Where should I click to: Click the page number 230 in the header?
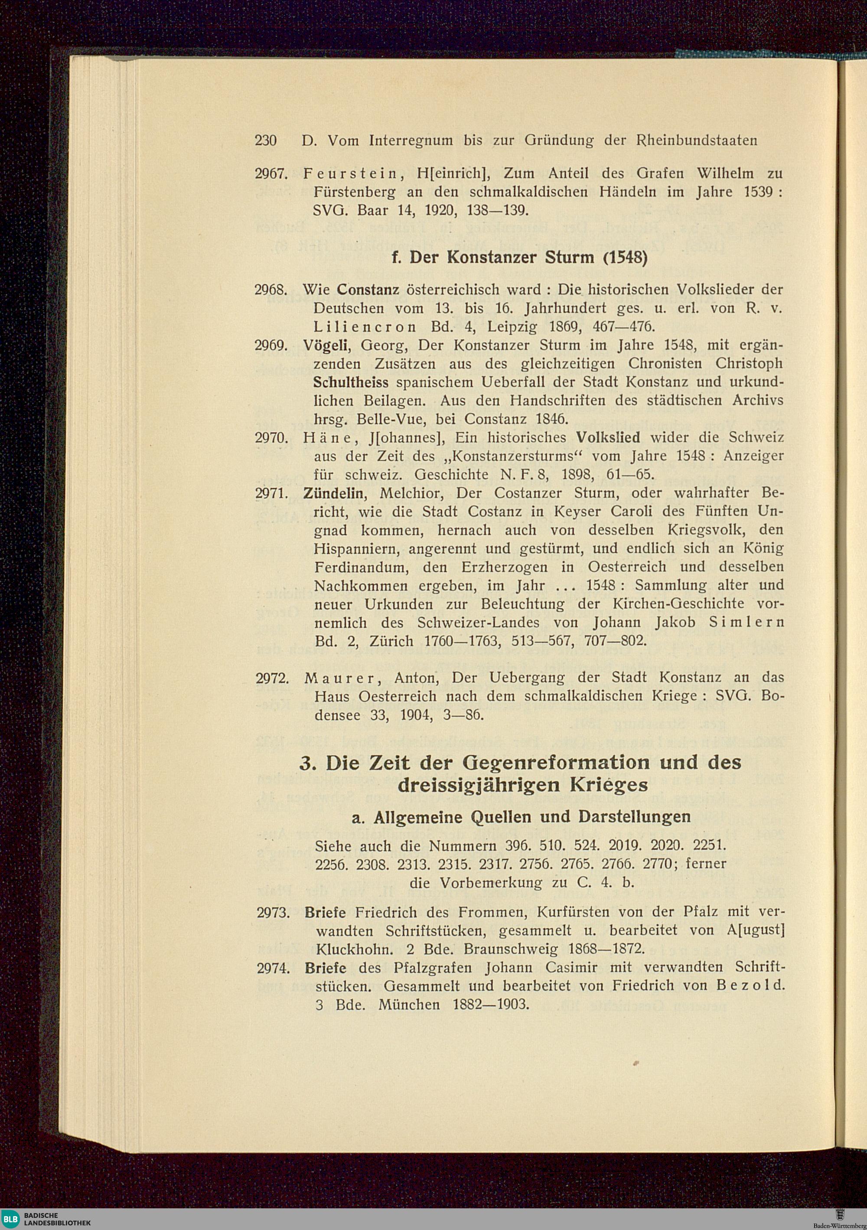click(266, 141)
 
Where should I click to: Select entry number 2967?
click(272, 174)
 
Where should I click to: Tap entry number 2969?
click(272, 346)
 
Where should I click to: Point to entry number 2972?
click(273, 678)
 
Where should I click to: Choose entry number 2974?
click(273, 969)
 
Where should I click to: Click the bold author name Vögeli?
click(326, 346)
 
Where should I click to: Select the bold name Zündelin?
click(335, 493)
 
